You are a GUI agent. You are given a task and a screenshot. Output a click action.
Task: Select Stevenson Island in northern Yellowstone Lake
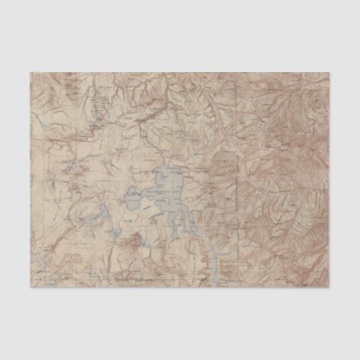pos(167,179)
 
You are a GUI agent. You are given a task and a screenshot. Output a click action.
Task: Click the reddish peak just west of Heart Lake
pos(135,239)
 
